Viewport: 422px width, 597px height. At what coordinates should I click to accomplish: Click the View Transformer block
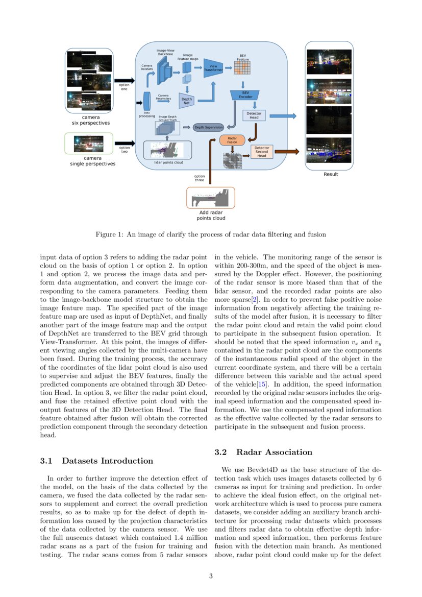click(213, 68)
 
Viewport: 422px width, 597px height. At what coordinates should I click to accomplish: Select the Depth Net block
click(187, 101)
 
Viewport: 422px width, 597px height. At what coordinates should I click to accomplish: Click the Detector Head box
click(254, 115)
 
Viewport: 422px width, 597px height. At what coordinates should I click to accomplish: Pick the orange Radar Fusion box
click(232, 140)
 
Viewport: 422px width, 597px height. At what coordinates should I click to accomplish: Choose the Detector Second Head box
click(261, 152)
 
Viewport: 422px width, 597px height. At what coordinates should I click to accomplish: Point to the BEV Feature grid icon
click(242, 67)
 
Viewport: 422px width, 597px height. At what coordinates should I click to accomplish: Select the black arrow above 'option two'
click(125, 144)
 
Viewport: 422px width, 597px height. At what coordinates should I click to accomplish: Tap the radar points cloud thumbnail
click(211, 197)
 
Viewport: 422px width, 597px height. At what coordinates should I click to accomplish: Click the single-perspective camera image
click(89, 144)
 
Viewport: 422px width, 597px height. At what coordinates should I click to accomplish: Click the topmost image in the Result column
click(329, 61)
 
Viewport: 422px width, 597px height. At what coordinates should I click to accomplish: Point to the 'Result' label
click(331, 175)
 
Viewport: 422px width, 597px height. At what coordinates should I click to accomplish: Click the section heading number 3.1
click(46, 461)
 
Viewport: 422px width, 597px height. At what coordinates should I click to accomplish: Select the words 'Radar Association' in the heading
click(274, 452)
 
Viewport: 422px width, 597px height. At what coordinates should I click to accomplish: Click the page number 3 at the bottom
click(211, 577)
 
